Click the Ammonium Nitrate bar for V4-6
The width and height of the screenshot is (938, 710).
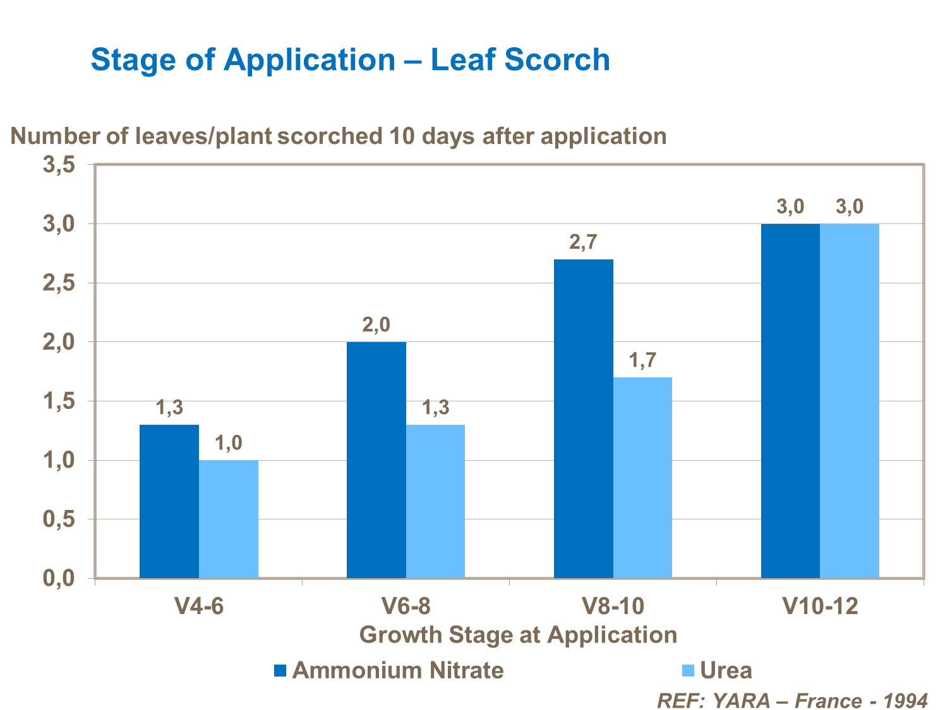click(x=169, y=501)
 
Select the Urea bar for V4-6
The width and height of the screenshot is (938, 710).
click(x=229, y=519)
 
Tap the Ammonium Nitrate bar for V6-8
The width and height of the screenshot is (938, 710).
click(x=376, y=459)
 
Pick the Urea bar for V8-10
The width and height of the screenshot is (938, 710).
click(x=642, y=477)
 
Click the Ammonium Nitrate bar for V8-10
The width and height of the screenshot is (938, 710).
click(x=583, y=418)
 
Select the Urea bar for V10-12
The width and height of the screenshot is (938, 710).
click(x=850, y=401)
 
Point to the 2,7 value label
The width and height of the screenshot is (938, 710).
click(x=583, y=242)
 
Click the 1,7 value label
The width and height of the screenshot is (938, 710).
click(x=642, y=360)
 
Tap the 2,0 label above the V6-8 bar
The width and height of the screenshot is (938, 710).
click(x=376, y=325)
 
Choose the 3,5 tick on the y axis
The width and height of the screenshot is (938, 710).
click(x=59, y=165)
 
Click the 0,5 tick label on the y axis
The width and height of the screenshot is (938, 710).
click(x=59, y=520)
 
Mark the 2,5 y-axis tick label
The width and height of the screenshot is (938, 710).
click(x=59, y=284)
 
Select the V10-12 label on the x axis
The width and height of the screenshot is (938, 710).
click(x=821, y=606)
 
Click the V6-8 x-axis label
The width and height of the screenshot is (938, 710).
click(x=406, y=606)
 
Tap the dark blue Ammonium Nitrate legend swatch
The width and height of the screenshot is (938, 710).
click(x=280, y=670)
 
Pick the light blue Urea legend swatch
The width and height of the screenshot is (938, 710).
click(x=688, y=670)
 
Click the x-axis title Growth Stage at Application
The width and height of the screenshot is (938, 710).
click(x=518, y=634)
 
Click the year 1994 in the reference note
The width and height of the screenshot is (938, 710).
click(x=905, y=701)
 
